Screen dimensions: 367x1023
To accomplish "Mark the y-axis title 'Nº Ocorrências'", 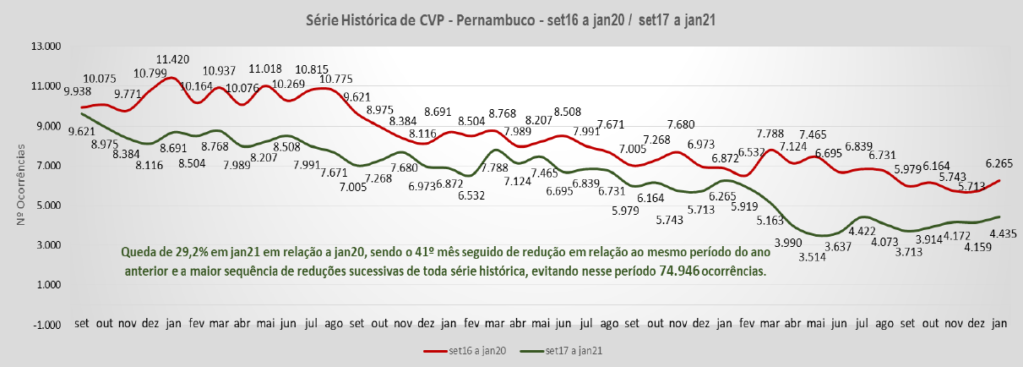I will (x=22, y=185).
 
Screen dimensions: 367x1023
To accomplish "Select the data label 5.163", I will (x=769, y=222).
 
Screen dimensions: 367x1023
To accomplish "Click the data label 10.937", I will (x=219, y=69).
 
